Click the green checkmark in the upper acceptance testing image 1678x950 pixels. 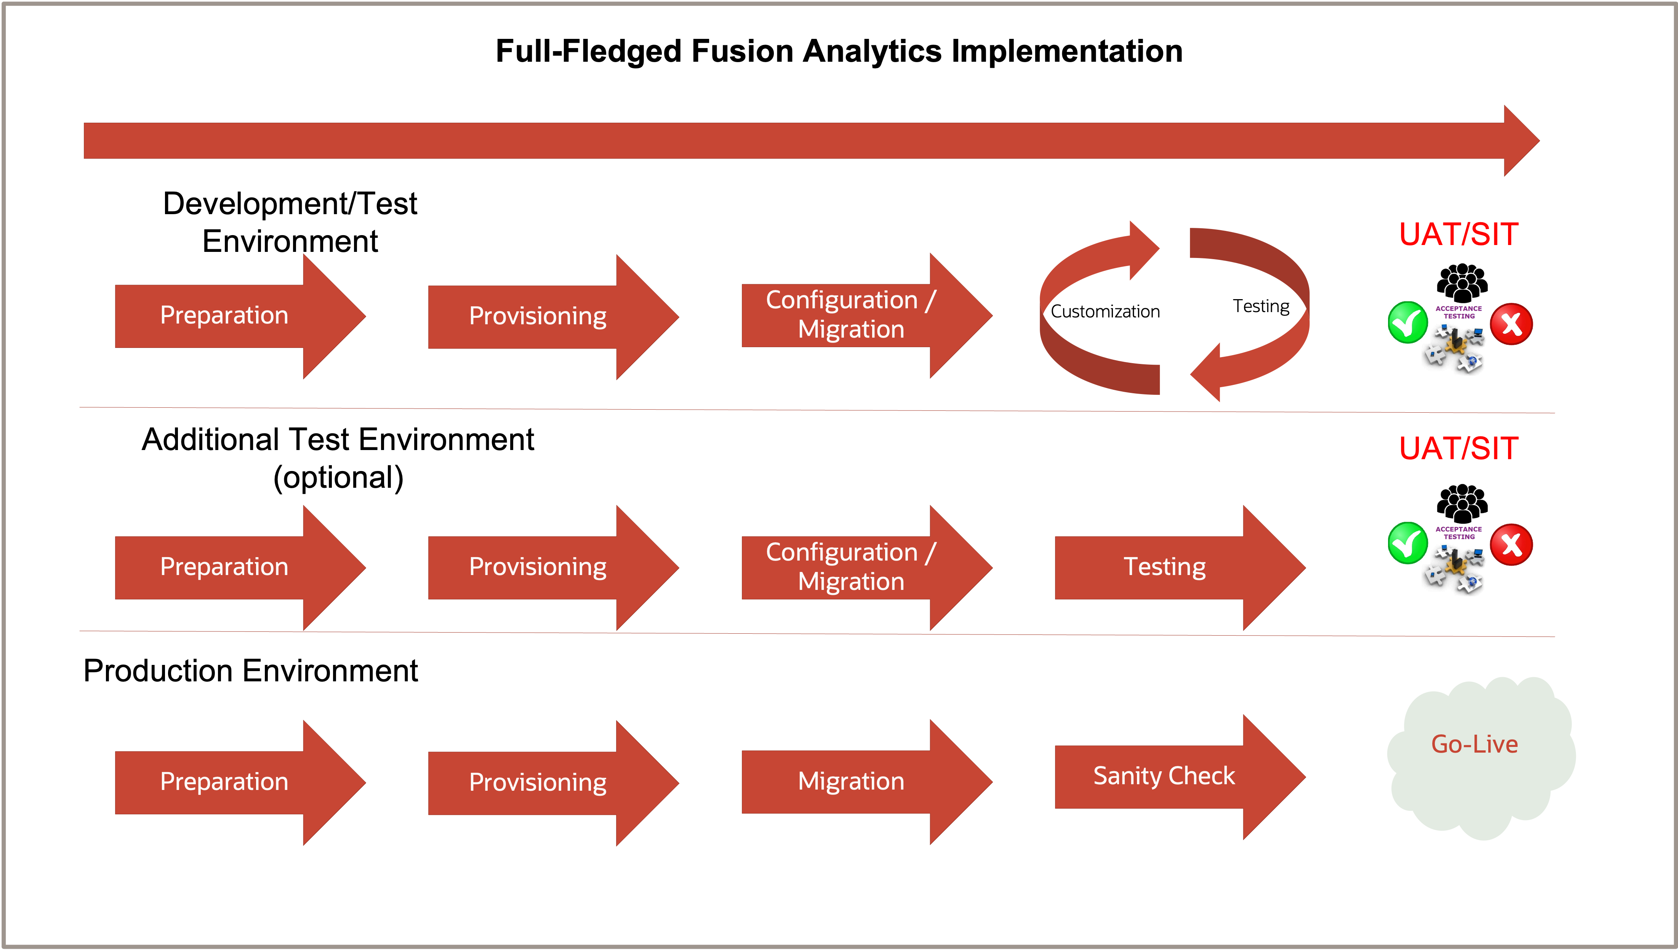1407,322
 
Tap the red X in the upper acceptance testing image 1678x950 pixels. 1511,324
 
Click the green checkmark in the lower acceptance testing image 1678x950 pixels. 1407,543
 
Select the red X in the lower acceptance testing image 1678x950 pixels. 1511,544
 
